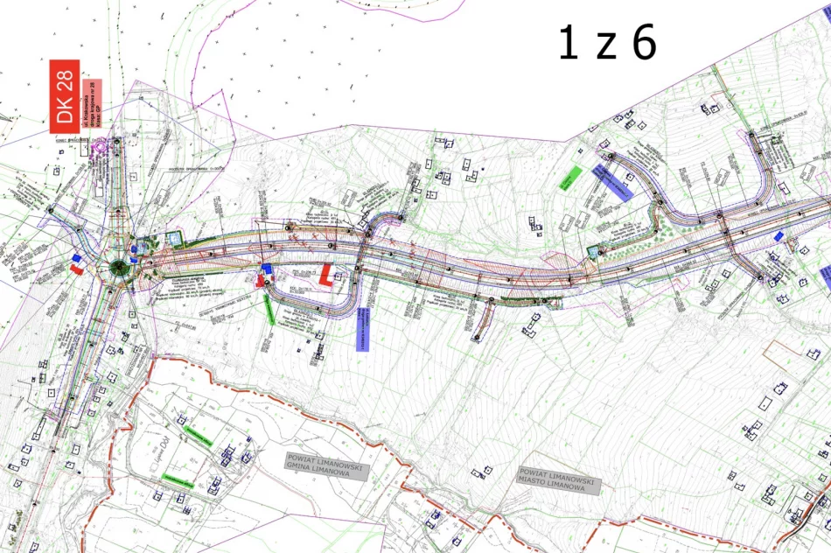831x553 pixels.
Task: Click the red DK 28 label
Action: click(x=65, y=97)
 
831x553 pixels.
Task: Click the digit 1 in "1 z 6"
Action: click(x=568, y=43)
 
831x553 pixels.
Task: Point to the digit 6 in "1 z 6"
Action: click(x=645, y=43)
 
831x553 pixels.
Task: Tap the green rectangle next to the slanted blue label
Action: click(x=573, y=176)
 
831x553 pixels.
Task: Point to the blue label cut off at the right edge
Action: click(x=826, y=278)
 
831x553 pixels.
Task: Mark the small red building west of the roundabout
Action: click(x=76, y=270)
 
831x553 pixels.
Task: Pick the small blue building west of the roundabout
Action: click(x=77, y=258)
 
